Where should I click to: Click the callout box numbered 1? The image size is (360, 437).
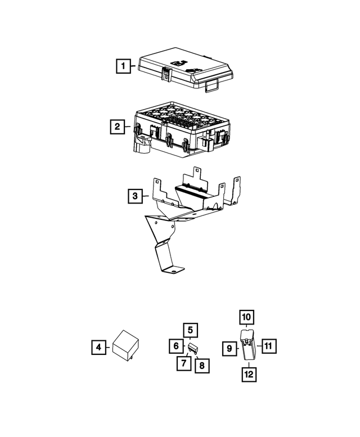click(x=123, y=66)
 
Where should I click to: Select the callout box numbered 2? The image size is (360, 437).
click(x=117, y=127)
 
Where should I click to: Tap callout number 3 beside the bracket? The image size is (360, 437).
click(x=135, y=196)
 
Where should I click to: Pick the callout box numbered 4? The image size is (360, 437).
click(x=98, y=347)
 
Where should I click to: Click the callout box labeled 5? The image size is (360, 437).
click(x=190, y=330)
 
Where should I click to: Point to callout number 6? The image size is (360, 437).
click(x=176, y=346)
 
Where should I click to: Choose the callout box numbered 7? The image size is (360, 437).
click(x=184, y=363)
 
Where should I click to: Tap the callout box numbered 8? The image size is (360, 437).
click(x=202, y=366)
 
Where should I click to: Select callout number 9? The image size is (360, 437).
click(x=229, y=349)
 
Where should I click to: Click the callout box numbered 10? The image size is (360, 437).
click(x=246, y=317)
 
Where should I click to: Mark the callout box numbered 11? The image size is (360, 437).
click(x=269, y=346)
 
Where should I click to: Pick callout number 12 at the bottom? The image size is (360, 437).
click(x=249, y=375)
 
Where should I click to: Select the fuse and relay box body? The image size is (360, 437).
click(x=181, y=129)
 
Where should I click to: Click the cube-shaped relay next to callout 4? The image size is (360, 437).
click(x=126, y=345)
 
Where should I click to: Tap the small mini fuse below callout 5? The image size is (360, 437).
click(x=192, y=348)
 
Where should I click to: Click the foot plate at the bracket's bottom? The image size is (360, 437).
click(x=173, y=269)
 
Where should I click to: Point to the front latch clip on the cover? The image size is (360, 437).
click(x=166, y=74)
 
